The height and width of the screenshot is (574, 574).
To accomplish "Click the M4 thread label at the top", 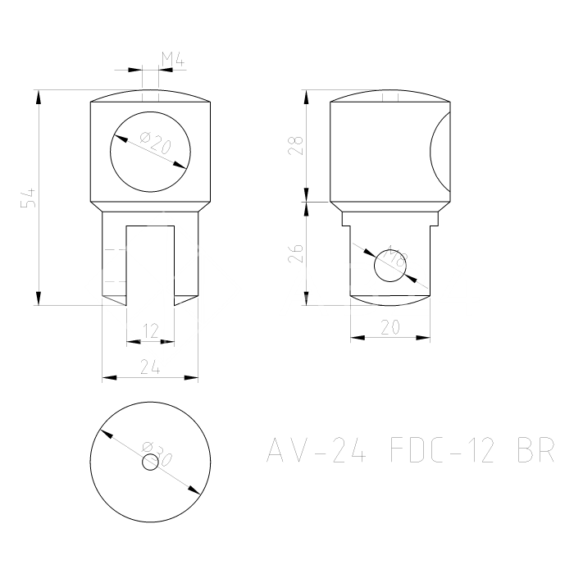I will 171,59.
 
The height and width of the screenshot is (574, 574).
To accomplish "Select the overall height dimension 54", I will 28,198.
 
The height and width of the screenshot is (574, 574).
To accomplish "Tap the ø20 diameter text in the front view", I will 155,144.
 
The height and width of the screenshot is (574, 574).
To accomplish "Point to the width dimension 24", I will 149,368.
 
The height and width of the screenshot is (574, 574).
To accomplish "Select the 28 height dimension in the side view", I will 297,145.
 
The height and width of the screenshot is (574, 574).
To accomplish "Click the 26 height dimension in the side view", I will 297,252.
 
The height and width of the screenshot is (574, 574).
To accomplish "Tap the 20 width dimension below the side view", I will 390,326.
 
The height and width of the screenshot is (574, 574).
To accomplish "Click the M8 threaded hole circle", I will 390,266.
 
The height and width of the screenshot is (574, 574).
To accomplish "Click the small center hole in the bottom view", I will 150,462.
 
